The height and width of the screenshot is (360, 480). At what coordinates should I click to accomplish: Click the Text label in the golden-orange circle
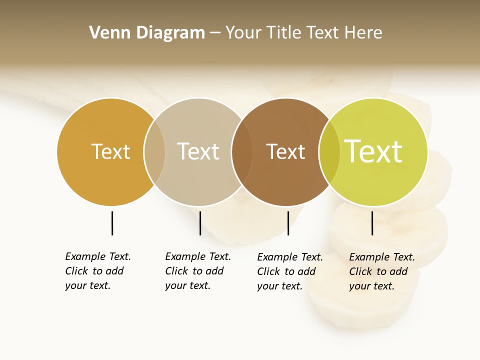(110, 151)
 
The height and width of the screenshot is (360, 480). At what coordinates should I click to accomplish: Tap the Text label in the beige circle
(198, 151)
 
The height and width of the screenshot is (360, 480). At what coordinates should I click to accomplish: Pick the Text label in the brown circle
(285, 151)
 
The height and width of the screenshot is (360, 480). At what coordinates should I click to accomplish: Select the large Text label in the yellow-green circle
(373, 151)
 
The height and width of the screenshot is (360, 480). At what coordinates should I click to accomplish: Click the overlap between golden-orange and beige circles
(154, 151)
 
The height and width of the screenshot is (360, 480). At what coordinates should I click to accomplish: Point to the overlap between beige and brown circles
(242, 151)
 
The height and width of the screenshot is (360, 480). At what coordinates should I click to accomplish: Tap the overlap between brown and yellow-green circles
(329, 151)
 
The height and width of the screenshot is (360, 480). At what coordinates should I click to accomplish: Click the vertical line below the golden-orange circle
(112, 223)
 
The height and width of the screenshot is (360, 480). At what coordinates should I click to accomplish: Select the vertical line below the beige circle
(200, 223)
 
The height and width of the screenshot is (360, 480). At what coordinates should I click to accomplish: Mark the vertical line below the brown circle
(288, 223)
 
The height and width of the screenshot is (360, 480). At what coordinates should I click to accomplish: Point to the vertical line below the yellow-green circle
(372, 223)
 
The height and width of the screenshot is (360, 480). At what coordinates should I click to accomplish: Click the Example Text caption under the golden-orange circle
(97, 271)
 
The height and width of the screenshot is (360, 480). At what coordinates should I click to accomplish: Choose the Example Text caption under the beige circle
(197, 271)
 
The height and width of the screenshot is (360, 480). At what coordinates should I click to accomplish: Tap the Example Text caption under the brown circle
(289, 271)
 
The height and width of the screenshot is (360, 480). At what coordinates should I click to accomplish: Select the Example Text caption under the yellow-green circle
(381, 271)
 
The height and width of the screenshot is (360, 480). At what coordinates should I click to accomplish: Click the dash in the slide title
(214, 33)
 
